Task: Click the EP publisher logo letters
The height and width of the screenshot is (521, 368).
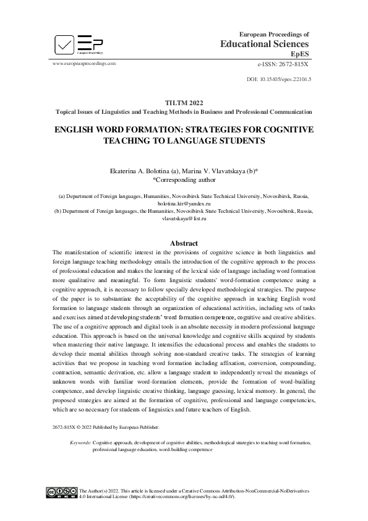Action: click(90, 43)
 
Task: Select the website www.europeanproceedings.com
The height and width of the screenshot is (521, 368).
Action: click(85, 63)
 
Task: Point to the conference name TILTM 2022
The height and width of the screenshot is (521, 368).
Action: click(184, 103)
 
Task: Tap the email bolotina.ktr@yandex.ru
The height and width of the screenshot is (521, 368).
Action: click(184, 203)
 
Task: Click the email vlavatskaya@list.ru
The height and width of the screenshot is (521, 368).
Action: click(184, 218)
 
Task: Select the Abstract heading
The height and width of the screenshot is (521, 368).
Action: click(184, 244)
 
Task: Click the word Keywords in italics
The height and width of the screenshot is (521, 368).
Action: click(80, 443)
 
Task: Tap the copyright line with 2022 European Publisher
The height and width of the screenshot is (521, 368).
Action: click(106, 428)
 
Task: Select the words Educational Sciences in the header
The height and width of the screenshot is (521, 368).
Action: click(265, 44)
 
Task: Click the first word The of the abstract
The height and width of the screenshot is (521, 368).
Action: click(58, 252)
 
